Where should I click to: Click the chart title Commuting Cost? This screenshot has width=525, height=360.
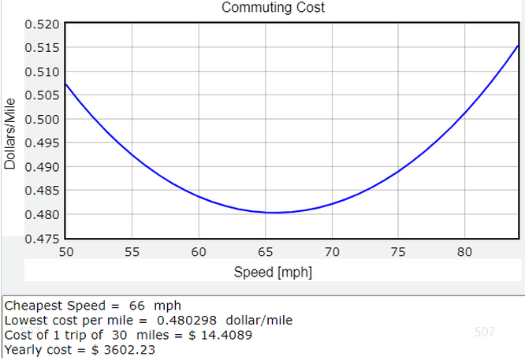[273, 7]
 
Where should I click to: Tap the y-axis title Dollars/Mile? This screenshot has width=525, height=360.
[10, 133]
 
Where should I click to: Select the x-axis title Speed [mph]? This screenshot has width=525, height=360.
[273, 272]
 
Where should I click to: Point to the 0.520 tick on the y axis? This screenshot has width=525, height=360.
[42, 24]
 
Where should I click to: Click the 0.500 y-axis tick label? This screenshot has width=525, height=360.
[42, 119]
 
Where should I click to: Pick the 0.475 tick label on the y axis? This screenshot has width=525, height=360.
[42, 239]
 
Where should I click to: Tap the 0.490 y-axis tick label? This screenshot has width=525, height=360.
[42, 167]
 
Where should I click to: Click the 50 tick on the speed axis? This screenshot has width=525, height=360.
[66, 252]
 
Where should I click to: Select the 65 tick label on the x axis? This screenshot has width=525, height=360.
[265, 252]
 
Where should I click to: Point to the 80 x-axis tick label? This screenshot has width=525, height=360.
[464, 252]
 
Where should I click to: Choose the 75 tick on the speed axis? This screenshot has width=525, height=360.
[398, 252]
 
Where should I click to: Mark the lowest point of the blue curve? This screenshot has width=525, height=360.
[275, 213]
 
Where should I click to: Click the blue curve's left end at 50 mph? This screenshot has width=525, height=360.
[65, 84]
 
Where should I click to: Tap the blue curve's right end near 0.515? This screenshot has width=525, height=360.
[518, 46]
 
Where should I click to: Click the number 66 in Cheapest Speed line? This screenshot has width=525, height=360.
[137, 306]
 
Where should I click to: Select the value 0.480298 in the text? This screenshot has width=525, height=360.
[187, 320]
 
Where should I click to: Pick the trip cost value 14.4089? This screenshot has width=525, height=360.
[226, 335]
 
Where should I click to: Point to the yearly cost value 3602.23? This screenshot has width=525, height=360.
[129, 350]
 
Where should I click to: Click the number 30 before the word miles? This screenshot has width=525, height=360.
[120, 335]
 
